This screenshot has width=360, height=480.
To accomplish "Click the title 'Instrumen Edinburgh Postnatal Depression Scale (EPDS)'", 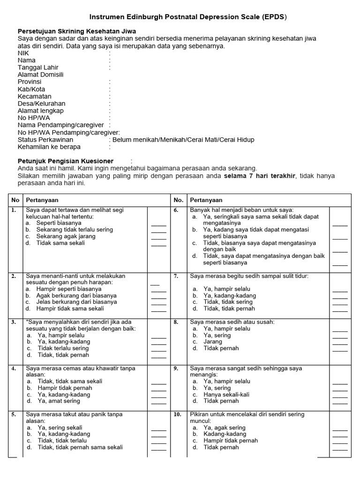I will (180, 17).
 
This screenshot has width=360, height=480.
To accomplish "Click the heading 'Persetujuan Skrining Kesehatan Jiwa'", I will (77, 31).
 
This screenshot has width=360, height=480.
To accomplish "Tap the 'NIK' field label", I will (23, 53).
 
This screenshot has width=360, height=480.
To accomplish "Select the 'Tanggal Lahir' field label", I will (38, 67).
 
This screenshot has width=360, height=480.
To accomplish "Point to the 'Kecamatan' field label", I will (35, 96).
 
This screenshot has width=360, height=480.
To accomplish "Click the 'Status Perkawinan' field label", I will (45, 140).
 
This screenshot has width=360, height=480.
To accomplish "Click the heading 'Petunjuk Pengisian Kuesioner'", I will (66, 161).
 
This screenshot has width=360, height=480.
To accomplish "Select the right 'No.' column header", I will (178, 200).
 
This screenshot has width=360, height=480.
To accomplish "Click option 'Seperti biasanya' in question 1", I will (59, 223).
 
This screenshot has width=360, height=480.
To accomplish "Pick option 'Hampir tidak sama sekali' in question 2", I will (70, 309).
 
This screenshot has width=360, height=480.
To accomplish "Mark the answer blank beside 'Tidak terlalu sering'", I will (158, 348).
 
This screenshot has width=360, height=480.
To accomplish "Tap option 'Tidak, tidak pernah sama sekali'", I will (80, 447).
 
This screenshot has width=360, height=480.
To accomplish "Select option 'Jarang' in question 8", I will (213, 342).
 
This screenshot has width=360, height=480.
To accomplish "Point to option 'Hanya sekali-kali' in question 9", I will (226, 395).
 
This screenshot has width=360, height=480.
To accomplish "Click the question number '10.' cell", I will (178, 414).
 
